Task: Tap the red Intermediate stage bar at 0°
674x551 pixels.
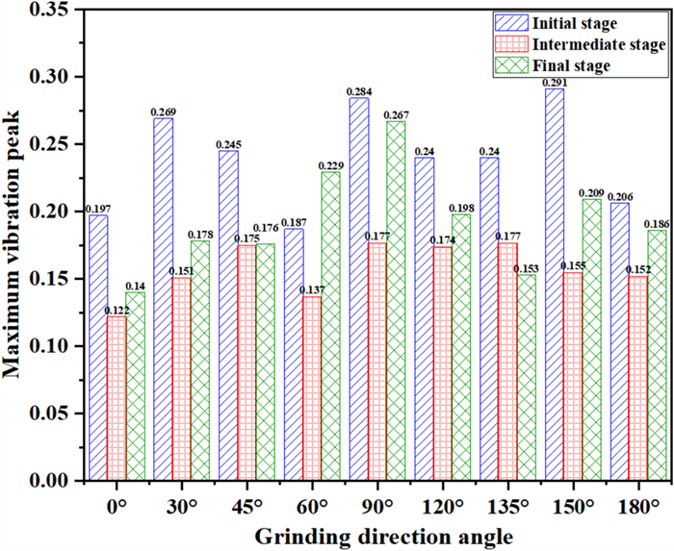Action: pos(115,398)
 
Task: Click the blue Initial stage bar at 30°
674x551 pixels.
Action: pos(163,298)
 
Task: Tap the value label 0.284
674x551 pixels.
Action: pos(358,90)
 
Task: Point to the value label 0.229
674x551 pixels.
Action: pos(330,164)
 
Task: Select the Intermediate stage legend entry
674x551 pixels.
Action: pos(579,44)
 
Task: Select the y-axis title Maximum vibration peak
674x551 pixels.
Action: pos(15,245)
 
